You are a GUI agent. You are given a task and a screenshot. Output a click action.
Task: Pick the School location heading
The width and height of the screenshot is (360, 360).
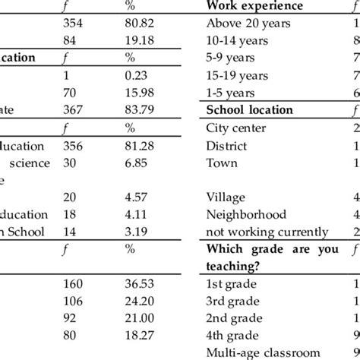point(250,110)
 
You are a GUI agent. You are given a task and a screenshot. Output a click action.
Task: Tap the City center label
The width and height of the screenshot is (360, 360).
point(237,128)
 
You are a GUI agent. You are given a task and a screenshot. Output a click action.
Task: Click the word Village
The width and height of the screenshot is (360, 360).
point(225,197)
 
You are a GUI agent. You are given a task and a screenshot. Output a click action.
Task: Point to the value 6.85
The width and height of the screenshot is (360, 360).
point(137,163)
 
